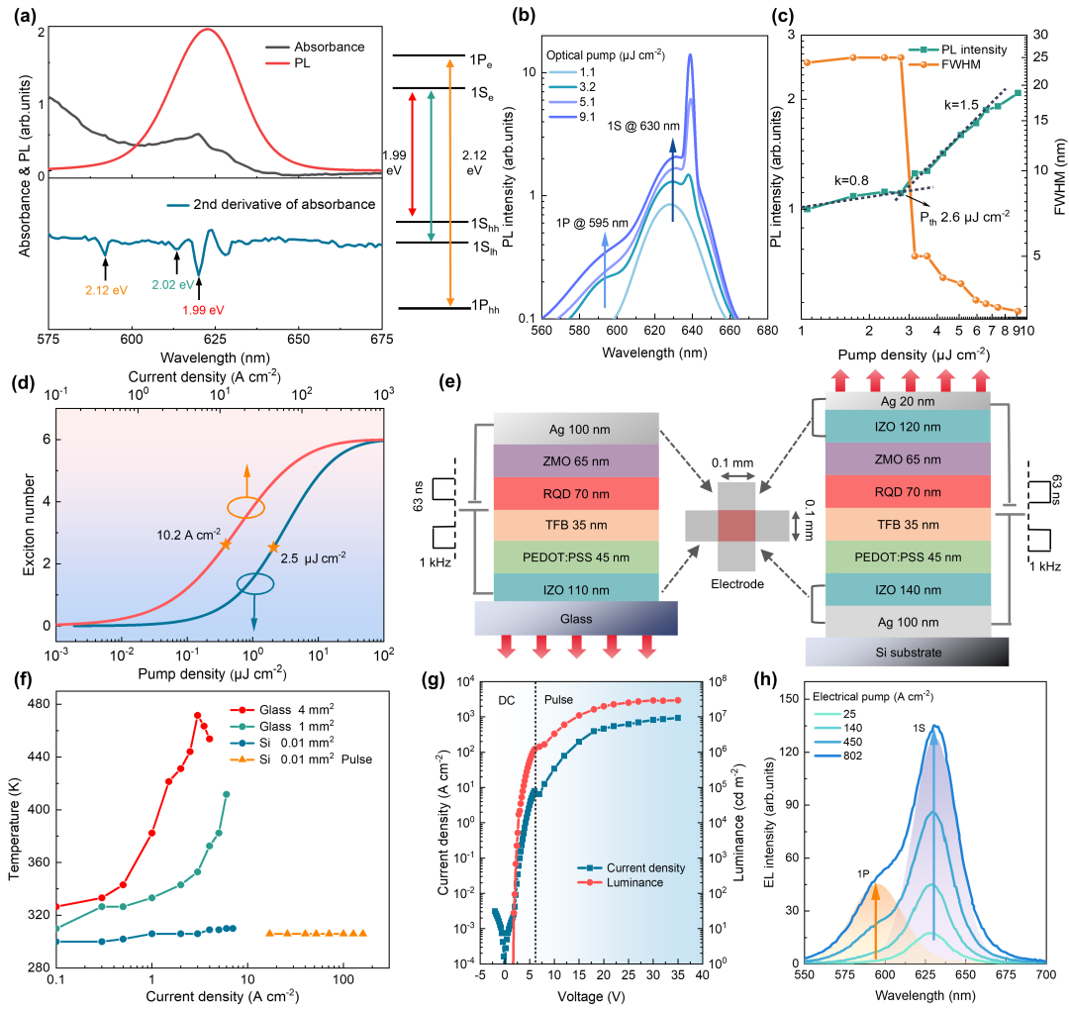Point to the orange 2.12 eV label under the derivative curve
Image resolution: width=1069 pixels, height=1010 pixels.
105,291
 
